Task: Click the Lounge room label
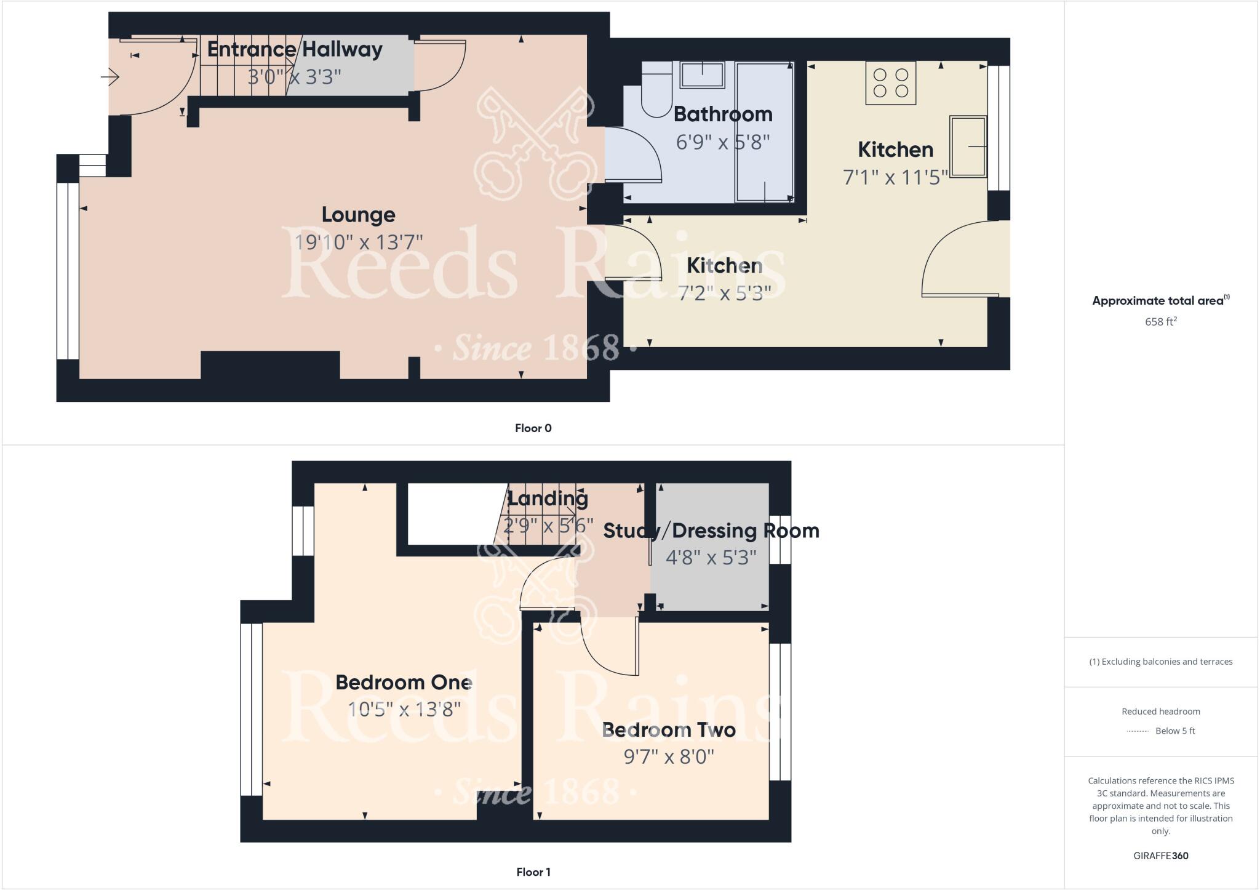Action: (358, 215)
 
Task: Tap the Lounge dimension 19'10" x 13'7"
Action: (358, 243)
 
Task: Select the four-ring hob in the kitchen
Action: (890, 83)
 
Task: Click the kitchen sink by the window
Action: (968, 146)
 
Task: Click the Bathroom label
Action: (722, 114)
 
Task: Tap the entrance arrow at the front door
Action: (110, 77)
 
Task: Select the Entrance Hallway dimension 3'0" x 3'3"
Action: (294, 78)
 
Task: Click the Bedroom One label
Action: (404, 683)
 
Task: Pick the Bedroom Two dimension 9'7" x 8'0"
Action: (669, 756)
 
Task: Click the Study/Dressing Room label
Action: (711, 531)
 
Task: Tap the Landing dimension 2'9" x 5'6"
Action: (548, 526)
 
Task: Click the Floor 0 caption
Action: (533, 428)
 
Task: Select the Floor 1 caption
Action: (533, 872)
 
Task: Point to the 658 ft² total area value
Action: (1160, 321)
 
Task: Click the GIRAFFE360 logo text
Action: (1160, 856)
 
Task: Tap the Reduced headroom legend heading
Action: (1160, 712)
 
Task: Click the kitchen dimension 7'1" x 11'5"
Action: (895, 178)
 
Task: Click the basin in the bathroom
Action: (702, 74)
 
